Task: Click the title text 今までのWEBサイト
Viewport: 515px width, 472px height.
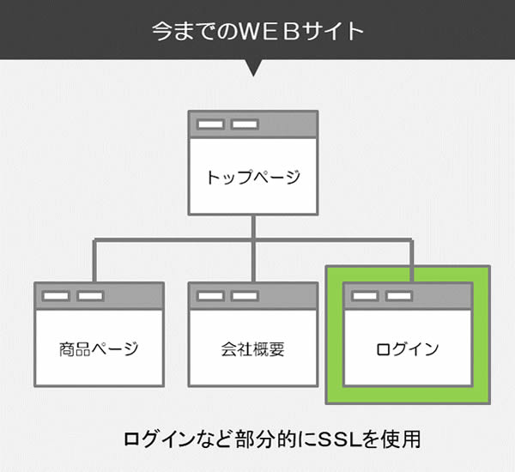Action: coord(257,32)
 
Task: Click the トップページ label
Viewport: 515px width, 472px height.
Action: coord(253,178)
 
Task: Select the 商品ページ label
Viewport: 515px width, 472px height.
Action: coord(99,349)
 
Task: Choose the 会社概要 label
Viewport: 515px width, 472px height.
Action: coord(252,349)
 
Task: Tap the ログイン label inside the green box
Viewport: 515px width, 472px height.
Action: coord(408,349)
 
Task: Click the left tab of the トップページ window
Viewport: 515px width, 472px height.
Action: coord(211,125)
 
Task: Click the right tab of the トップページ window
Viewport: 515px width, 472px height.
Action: coord(245,125)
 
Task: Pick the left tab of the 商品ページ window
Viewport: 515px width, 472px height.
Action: coord(57,296)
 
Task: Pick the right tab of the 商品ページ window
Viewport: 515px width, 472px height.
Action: coord(90,296)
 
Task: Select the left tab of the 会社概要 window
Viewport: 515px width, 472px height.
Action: coord(211,296)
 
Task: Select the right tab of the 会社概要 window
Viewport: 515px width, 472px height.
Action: coord(245,296)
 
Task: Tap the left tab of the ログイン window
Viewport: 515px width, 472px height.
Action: coord(365,296)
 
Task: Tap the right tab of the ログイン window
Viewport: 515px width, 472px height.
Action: coord(398,296)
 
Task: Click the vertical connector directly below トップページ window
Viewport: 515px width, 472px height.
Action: coord(252,227)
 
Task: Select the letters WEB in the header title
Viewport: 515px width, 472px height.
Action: coord(271,32)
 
